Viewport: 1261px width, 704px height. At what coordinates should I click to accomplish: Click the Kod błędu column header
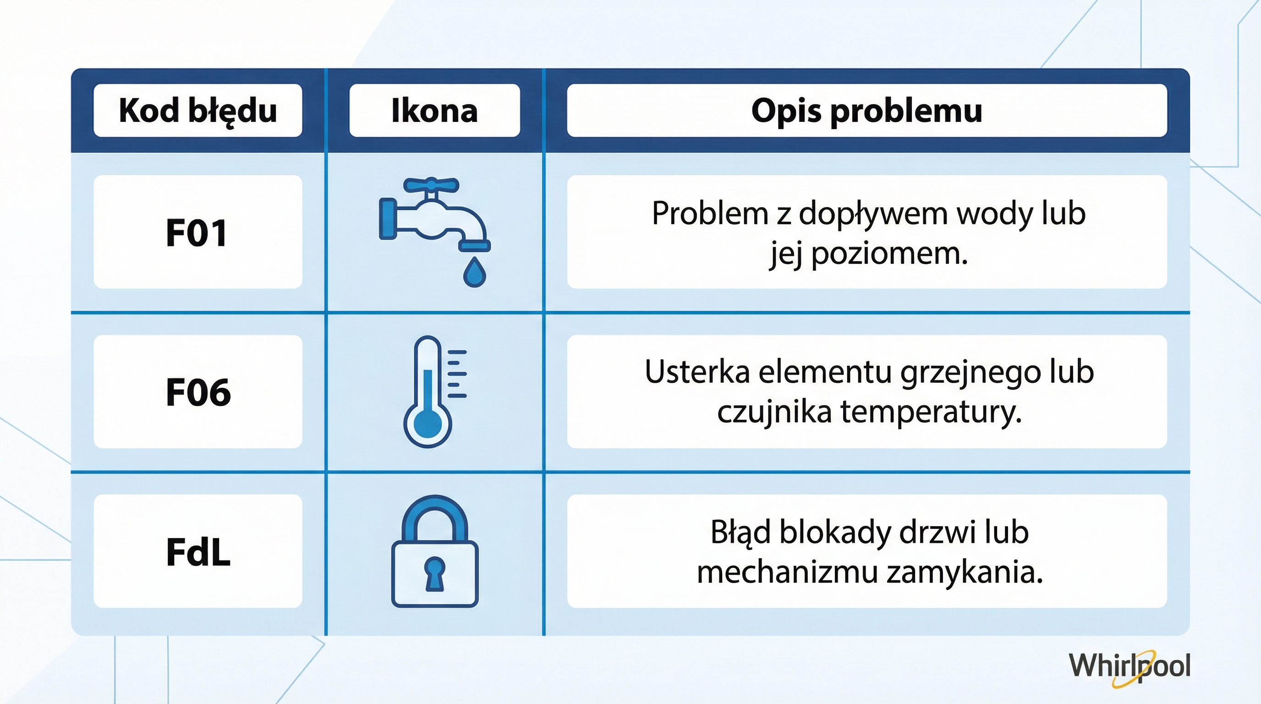tap(198, 110)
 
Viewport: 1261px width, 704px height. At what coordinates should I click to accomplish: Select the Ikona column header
tap(434, 110)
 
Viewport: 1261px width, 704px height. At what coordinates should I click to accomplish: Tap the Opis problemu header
tap(866, 110)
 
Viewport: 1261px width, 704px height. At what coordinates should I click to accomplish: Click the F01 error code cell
tap(197, 232)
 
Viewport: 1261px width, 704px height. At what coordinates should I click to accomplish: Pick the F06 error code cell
tap(198, 392)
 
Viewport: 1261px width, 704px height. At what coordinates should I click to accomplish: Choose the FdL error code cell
tap(198, 552)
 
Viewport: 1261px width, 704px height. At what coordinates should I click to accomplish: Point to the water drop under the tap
tap(474, 273)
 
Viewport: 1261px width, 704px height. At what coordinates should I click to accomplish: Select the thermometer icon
tap(433, 392)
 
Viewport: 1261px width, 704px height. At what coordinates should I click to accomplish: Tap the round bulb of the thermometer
tap(428, 424)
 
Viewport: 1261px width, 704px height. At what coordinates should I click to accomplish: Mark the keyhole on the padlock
tap(434, 573)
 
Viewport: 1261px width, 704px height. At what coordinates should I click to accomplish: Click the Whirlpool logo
tap(1129, 666)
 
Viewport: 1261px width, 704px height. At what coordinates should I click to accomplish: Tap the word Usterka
tap(697, 372)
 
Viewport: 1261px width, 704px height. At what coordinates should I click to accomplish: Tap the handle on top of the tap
tap(431, 185)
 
